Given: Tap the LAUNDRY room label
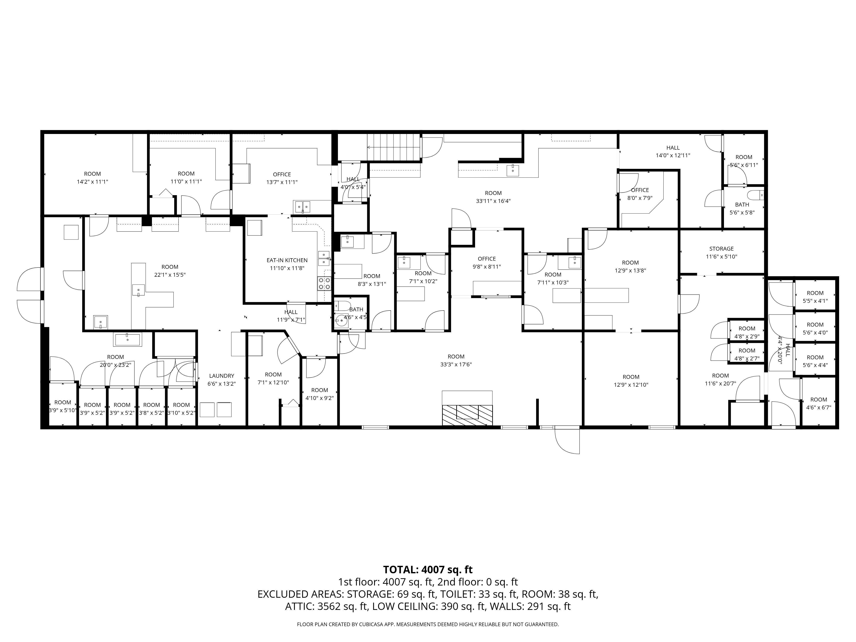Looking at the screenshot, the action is coord(222,376).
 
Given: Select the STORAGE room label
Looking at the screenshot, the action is coord(721,249).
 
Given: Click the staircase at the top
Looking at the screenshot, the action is coord(394,147).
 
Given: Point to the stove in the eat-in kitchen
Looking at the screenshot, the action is coord(324,284).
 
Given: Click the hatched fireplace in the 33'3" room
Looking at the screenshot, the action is coord(467,415).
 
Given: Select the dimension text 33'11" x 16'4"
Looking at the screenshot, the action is coord(493,201).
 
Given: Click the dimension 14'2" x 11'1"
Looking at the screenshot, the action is coord(92,181).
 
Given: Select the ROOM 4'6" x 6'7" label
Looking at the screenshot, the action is coord(819,403).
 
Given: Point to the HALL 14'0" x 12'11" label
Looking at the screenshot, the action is coord(673,151).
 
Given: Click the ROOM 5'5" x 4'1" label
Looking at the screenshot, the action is coord(815,297).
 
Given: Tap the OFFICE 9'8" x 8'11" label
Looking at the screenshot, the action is coord(487,262).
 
